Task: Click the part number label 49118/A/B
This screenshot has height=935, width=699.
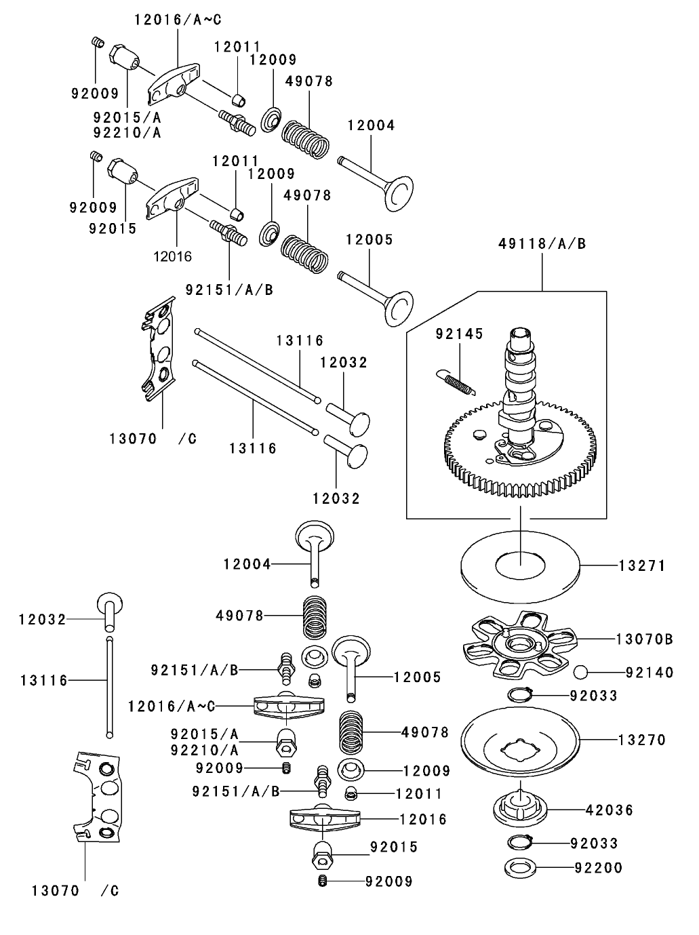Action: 542,243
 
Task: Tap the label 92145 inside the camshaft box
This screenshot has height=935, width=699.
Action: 459,334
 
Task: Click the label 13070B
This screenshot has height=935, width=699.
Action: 644,639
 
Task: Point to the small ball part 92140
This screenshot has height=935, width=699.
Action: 581,672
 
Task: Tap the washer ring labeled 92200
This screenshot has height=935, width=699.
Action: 519,867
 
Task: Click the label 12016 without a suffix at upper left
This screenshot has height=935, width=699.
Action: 173,256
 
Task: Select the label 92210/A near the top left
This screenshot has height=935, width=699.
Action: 127,132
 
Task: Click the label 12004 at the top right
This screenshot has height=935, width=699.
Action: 371,125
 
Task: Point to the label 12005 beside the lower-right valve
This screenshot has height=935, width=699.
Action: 418,677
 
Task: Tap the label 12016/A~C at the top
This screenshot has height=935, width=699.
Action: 178,20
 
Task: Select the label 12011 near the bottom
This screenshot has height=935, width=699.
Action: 418,793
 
